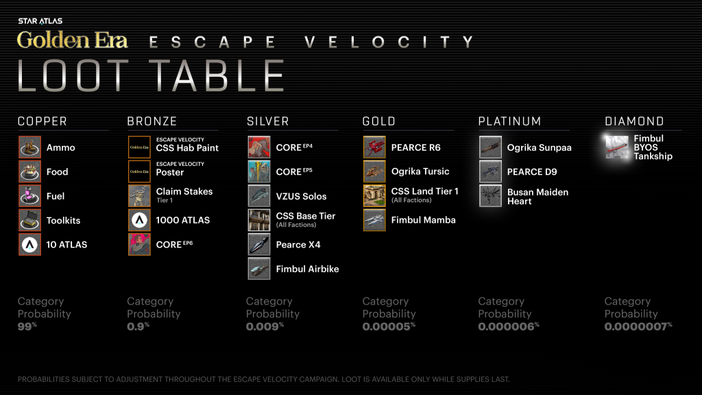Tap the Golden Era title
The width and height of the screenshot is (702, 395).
pos(72,40)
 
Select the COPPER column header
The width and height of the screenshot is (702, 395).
pos(43,121)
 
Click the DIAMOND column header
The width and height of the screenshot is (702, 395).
pos(634,121)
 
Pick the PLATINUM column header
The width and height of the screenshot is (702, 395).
pos(509,121)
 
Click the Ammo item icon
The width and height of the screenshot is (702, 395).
pos(29,147)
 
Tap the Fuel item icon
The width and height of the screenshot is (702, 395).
pos(29,196)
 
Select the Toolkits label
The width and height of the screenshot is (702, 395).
pos(63,220)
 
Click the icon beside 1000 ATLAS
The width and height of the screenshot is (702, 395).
pos(139,220)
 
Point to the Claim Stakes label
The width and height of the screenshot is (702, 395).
pos(184,192)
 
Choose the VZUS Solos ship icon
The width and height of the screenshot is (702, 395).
pos(258,196)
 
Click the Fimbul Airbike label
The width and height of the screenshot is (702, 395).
pos(307,269)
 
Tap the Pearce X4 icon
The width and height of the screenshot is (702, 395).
pos(258,245)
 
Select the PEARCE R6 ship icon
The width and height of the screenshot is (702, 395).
pos(374,147)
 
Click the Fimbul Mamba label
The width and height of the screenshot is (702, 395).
pos(423,220)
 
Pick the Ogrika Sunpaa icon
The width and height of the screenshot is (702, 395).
pos(490,147)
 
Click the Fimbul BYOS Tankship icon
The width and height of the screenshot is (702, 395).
pos(616,147)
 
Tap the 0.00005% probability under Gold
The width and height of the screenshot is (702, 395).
pos(387,326)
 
